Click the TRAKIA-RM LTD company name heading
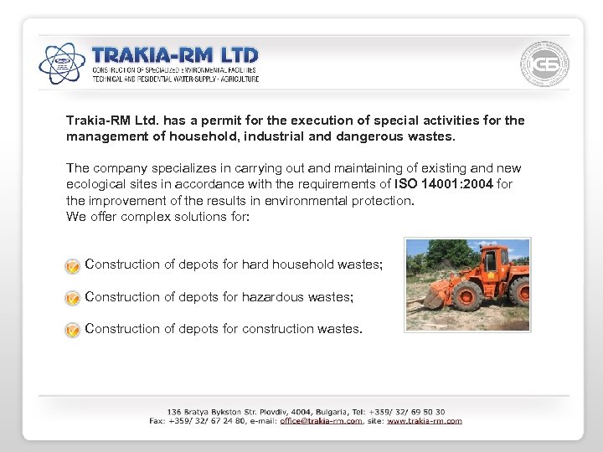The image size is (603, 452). (x=175, y=55)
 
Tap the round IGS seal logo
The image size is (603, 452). (x=544, y=64)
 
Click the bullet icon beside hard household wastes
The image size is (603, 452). (x=73, y=265)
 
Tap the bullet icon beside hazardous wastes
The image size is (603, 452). (x=73, y=298)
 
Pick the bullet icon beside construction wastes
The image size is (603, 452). (x=73, y=330)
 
